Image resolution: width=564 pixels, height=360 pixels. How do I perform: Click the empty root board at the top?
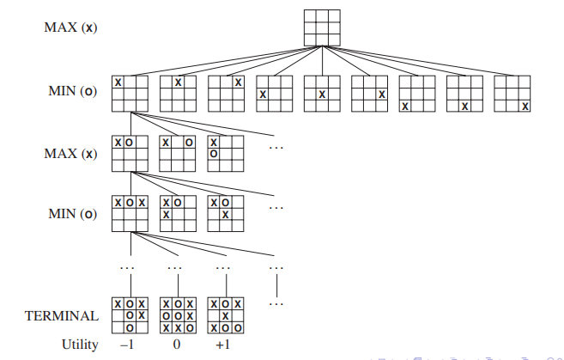tap(322, 27)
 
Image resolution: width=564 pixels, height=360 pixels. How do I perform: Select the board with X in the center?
tap(322, 94)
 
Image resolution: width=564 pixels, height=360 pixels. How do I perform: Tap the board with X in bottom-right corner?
tap(512, 94)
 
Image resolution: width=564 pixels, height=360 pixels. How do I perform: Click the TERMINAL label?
tap(62, 316)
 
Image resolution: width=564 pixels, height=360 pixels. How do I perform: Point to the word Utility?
tap(80, 345)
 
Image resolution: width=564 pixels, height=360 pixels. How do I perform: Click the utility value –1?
tap(127, 345)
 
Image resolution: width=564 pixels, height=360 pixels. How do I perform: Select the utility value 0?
tap(177, 345)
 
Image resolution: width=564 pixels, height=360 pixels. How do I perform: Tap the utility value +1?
tap(223, 345)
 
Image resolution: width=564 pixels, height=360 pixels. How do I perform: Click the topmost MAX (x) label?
tap(71, 27)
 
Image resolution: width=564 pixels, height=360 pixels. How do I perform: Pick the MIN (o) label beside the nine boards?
tap(73, 91)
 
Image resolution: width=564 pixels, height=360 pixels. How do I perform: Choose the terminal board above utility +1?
tap(226, 315)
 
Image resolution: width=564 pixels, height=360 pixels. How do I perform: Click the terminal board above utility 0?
tap(178, 315)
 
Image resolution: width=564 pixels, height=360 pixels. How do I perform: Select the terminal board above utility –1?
tap(130, 315)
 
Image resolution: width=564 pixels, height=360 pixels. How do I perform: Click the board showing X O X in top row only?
tap(130, 213)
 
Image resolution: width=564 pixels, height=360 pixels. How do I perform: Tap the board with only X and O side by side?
tap(130, 153)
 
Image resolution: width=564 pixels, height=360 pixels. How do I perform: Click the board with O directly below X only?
tap(226, 153)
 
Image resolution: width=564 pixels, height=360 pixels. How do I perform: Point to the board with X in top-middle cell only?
tap(178, 94)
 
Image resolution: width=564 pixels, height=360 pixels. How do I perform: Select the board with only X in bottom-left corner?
tap(417, 94)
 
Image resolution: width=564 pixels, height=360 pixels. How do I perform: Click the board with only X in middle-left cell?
tap(275, 94)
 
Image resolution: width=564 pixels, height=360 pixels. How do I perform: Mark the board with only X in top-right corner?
tap(227, 94)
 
